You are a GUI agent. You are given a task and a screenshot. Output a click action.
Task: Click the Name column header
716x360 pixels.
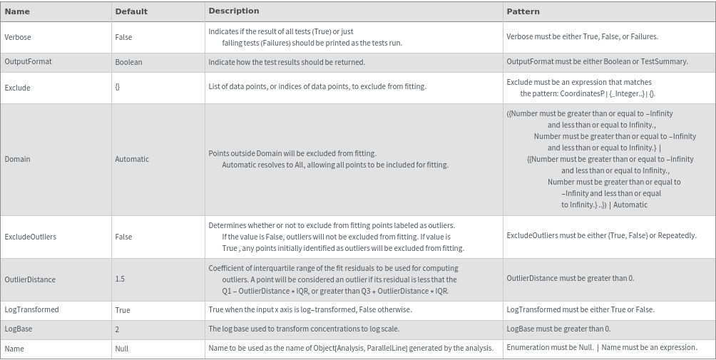17,11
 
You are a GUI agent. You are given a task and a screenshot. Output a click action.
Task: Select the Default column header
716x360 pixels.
131,11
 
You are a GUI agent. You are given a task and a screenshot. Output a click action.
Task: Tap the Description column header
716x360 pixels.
234,11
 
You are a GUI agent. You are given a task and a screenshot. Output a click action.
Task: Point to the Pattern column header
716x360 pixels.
523,11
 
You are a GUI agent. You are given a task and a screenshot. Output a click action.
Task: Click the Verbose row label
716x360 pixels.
18,37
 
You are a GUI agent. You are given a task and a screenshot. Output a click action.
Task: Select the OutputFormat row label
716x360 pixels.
28,62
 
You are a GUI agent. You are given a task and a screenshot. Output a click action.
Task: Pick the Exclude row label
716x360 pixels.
17,88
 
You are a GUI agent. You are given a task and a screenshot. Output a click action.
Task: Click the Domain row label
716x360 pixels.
17,159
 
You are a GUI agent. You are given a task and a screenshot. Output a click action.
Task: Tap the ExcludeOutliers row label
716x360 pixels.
30,237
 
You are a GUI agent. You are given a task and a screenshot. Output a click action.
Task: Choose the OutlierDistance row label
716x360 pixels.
30,279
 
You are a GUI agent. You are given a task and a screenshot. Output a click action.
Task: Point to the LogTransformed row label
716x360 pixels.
31,310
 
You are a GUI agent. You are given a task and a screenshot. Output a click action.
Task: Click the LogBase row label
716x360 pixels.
19,329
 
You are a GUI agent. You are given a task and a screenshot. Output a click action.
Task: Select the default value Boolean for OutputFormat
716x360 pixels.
128,62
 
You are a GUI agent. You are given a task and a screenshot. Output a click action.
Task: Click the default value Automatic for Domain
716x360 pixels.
132,159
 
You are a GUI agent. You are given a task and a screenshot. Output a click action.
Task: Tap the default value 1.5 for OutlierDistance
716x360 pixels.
120,279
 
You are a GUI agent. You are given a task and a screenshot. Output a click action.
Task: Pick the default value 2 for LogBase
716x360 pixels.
117,329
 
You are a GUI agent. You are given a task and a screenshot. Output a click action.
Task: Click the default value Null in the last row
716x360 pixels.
121,349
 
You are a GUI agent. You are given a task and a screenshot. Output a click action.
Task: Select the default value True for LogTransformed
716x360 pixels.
123,310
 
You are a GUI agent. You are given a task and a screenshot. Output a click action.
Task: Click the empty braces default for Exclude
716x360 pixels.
118,88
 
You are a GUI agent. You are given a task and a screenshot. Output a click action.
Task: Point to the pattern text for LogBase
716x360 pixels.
558,329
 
